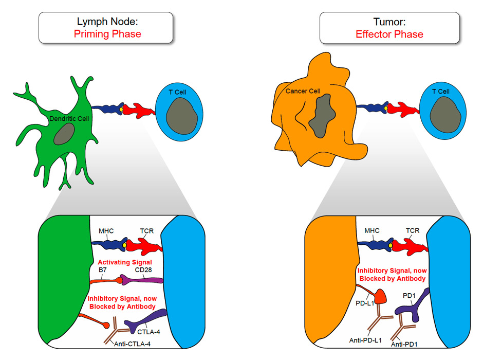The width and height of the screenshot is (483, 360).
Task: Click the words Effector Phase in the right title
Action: pyautogui.click(x=389, y=34)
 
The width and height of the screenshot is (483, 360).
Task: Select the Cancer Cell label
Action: pyautogui.click(x=303, y=92)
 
